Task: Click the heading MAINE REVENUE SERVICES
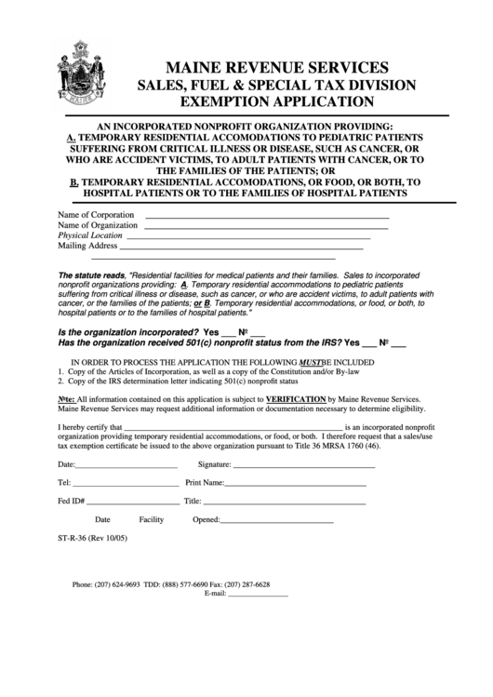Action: pos(276,67)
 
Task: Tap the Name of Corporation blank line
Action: pos(267,217)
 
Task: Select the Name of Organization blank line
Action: pos(267,227)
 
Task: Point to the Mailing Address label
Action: pos(87,247)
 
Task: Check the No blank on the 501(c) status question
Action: pos(400,343)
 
